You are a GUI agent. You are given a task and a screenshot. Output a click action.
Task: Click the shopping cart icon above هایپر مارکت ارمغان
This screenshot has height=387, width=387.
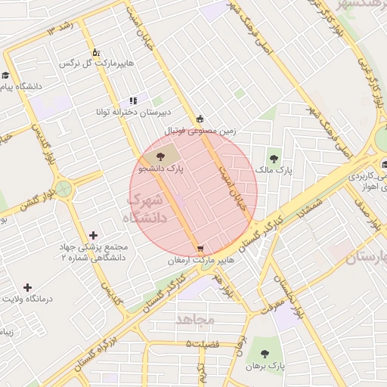pos(199,248)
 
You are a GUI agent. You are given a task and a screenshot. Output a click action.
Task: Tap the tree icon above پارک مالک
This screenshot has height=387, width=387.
pos(273,159)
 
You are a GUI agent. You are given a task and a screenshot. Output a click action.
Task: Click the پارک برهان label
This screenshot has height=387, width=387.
pos(265,365)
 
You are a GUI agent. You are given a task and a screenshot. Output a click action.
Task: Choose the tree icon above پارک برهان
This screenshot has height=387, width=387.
pos(265,353)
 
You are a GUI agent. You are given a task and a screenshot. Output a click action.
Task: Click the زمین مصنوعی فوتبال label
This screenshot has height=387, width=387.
pos(201,131)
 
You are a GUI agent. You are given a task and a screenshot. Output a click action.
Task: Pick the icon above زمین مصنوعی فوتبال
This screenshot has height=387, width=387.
pos(200,119)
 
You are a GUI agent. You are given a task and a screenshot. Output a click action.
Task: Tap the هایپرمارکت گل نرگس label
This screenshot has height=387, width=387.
pos(99,63)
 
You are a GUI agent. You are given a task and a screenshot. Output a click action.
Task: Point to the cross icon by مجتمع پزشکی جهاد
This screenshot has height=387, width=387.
pos(93,236)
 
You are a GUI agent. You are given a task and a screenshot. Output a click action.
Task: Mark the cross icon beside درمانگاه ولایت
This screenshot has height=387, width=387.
pos(28,287)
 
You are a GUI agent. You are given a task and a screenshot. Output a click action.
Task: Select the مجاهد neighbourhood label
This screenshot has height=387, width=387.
pos(196,320)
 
